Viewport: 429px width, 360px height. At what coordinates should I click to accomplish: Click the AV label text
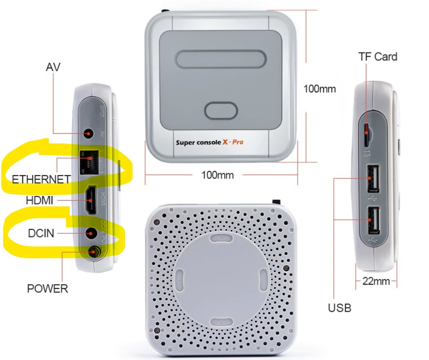click(53, 67)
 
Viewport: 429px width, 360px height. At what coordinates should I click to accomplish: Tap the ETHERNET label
click(41, 179)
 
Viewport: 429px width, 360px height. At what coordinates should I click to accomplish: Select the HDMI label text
click(40, 201)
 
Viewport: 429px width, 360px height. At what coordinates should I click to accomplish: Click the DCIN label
click(40, 234)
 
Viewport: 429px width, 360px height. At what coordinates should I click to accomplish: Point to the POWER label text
click(47, 288)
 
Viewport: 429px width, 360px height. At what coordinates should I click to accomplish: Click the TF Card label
click(378, 57)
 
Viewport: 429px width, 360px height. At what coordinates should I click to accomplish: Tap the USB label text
click(339, 308)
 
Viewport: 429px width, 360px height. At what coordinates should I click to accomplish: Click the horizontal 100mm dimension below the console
click(217, 175)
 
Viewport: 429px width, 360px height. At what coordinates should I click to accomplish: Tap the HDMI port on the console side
click(92, 200)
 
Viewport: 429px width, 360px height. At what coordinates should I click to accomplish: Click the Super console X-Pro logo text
click(209, 142)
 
